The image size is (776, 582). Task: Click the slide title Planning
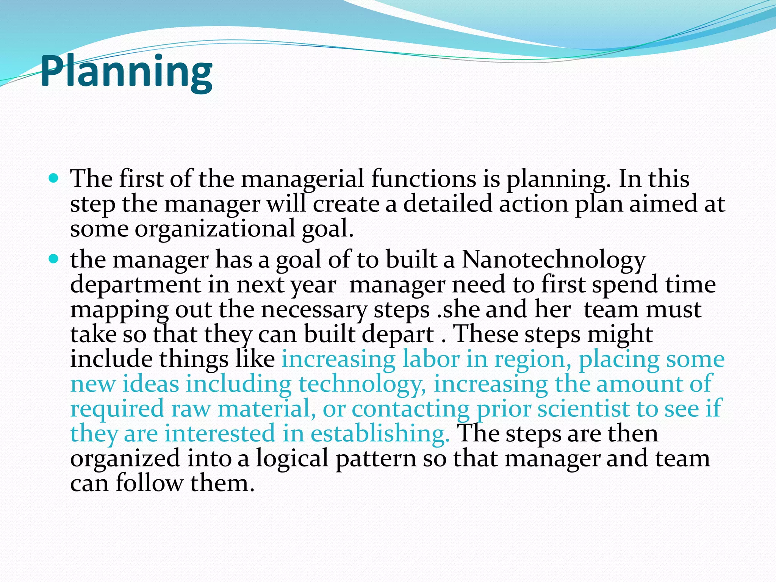coord(126,72)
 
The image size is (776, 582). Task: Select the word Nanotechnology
coord(553,260)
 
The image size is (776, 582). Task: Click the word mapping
coord(119,310)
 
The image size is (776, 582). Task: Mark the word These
coord(485,334)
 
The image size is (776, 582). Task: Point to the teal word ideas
coord(150,384)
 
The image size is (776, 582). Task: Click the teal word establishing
coord(380,433)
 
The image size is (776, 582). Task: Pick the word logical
coord(292,459)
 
